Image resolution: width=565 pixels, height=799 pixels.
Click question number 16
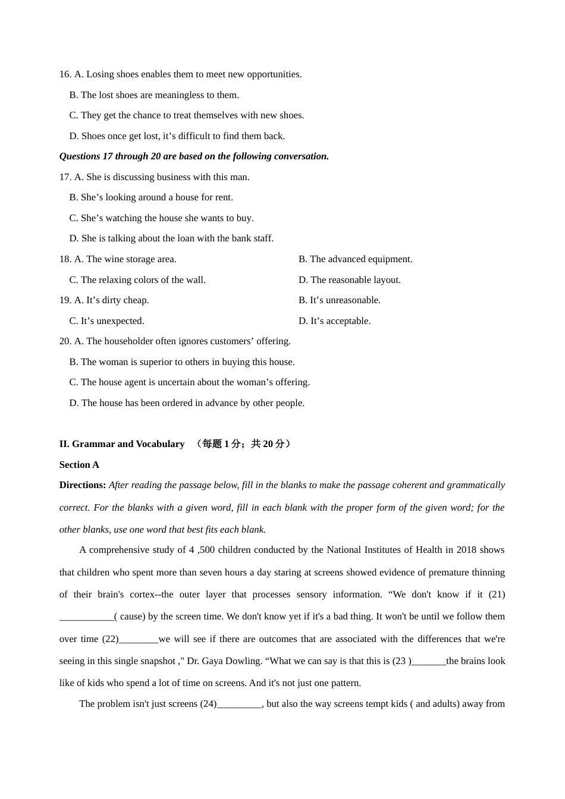pyautogui.click(x=65, y=74)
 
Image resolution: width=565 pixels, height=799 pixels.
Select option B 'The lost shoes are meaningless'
pyautogui.click(x=154, y=95)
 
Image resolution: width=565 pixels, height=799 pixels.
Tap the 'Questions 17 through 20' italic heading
pyautogui.click(x=194, y=156)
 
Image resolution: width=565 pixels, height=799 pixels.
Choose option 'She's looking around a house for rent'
pyautogui.click(x=151, y=197)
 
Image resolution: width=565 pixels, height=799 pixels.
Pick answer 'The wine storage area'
pyautogui.click(x=125, y=259)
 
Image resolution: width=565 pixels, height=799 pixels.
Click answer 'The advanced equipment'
pyautogui.click(x=355, y=259)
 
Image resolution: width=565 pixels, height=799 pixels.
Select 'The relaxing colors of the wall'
pyautogui.click(x=137, y=280)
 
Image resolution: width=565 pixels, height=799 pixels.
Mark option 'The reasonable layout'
pyautogui.click(x=350, y=280)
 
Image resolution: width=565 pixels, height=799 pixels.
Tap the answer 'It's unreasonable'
pyautogui.click(x=339, y=300)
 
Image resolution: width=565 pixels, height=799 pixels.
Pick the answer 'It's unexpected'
pyautogui.click(x=107, y=321)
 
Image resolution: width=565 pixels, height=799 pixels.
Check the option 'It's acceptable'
pyautogui.click(x=334, y=321)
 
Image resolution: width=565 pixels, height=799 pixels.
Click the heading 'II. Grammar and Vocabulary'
pyautogui.click(x=122, y=444)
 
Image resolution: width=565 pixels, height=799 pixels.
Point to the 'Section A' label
pyautogui.click(x=79, y=465)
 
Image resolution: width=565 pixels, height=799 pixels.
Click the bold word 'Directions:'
pyautogui.click(x=83, y=485)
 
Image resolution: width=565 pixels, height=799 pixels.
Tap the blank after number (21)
pyautogui.click(x=87, y=616)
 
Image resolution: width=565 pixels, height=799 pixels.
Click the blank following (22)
pyautogui.click(x=139, y=639)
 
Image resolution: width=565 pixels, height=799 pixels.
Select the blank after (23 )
pyautogui.click(x=428, y=661)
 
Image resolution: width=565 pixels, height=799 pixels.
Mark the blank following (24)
pyautogui.click(x=239, y=704)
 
